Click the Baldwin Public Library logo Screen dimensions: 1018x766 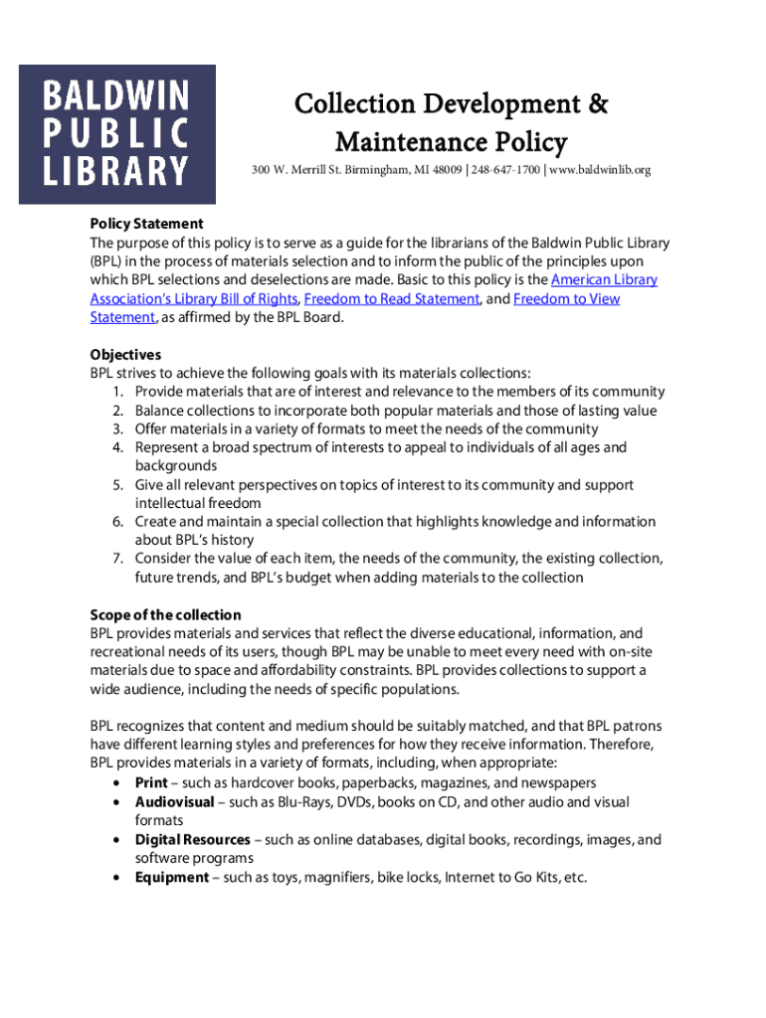click(117, 134)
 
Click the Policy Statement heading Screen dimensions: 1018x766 click(146, 224)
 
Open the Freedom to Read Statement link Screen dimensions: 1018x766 click(392, 299)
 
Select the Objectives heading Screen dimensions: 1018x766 click(125, 355)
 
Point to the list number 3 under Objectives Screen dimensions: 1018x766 click(117, 429)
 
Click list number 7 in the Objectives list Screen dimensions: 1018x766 click(117, 559)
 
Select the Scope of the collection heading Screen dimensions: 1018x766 click(165, 615)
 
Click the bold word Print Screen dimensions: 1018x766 click(151, 783)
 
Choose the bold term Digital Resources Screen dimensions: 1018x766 click(192, 840)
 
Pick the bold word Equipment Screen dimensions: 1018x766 click(172, 878)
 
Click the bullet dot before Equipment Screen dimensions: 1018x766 click(118, 878)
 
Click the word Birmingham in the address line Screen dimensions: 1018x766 click(369, 171)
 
